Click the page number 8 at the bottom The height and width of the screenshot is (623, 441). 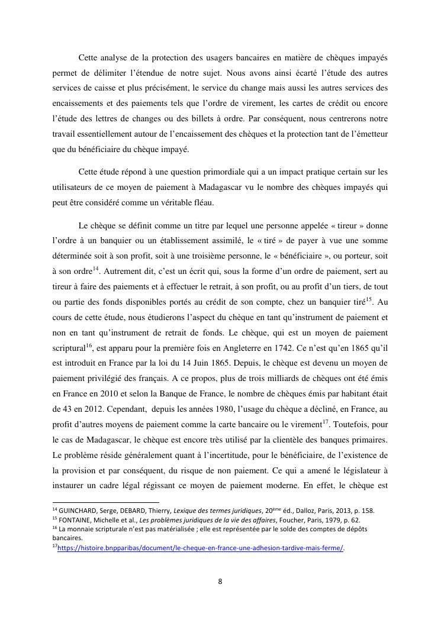pos(220,581)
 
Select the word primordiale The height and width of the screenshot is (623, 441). pos(220,172)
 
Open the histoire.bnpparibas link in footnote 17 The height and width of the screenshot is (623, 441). pos(200,548)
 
